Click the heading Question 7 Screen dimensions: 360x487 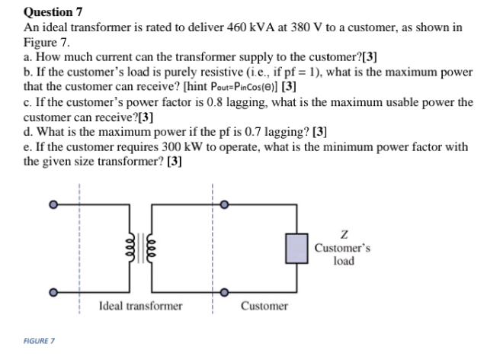click(53, 11)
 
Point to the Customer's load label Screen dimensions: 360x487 click(344, 255)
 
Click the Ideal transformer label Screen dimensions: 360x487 click(140, 307)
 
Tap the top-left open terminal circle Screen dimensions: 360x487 click(53, 205)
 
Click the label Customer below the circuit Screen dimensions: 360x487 click(264, 307)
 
